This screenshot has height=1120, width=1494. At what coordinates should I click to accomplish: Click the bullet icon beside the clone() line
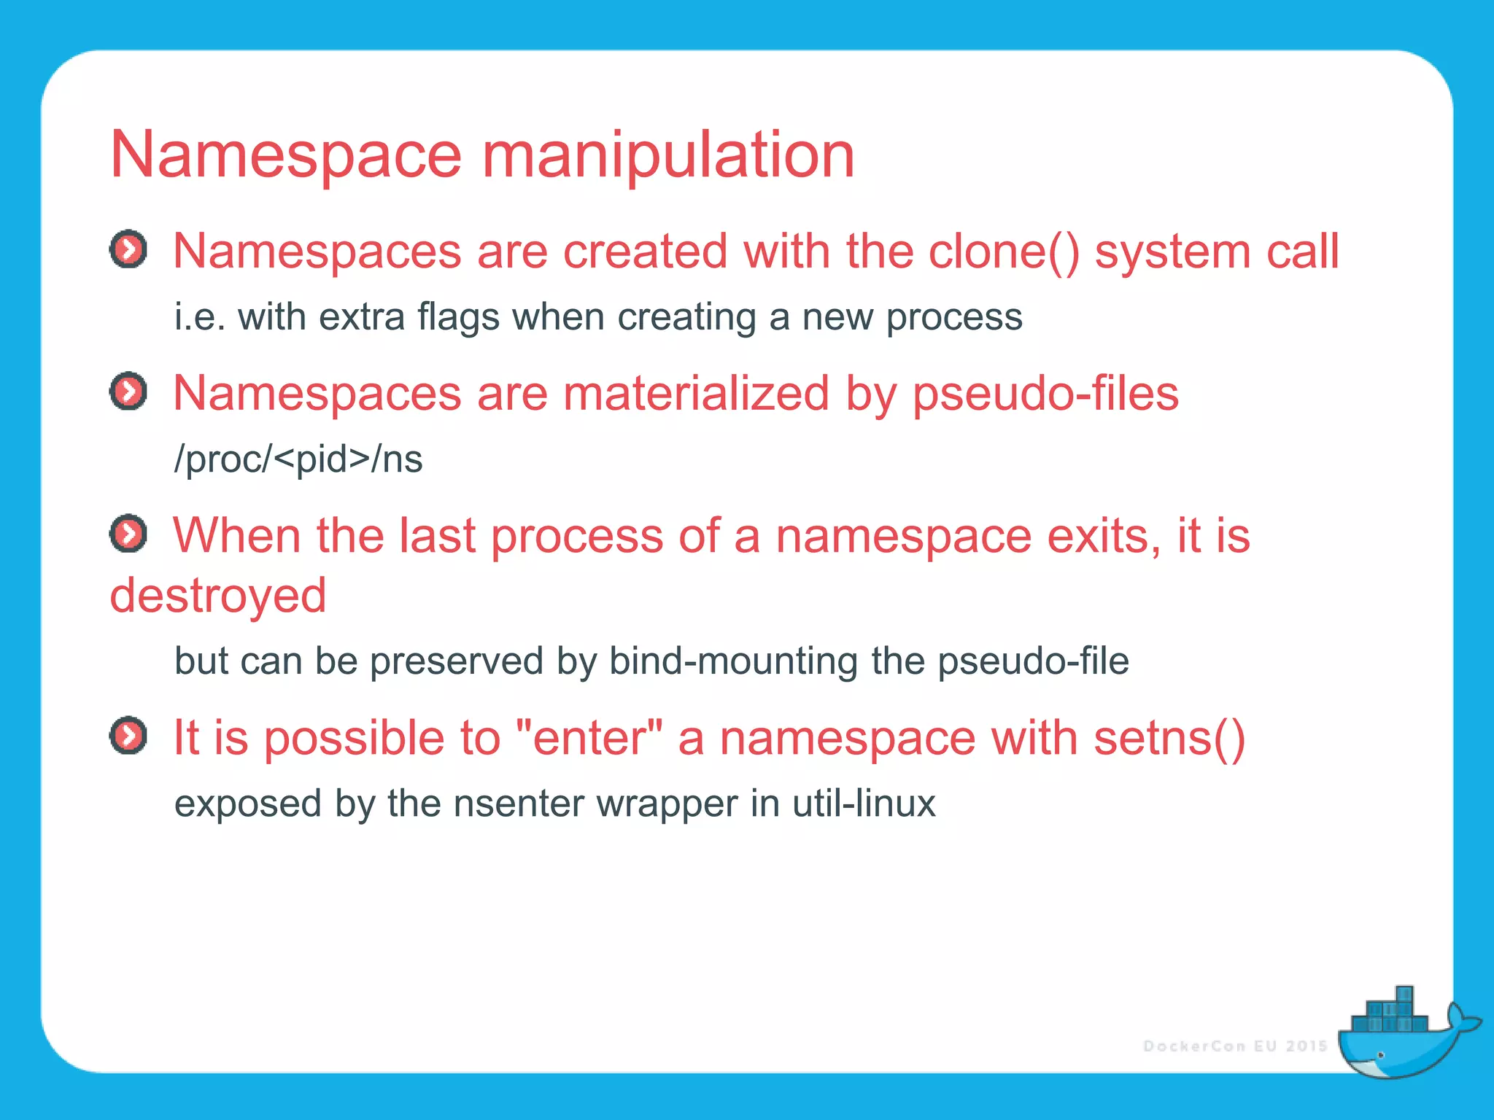pos(128,250)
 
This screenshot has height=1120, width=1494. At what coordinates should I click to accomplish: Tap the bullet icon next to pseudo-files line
pos(128,392)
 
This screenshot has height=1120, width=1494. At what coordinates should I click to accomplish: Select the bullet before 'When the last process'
pos(128,534)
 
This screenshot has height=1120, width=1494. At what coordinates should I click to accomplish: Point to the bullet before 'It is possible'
pos(128,736)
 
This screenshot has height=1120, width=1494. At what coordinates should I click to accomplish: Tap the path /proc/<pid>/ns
pos(298,459)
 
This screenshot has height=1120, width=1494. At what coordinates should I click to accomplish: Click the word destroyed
pos(217,595)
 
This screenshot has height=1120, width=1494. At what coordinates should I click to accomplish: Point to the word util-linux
pos(864,804)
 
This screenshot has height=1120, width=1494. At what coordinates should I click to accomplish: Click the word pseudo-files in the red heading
pos(1045,394)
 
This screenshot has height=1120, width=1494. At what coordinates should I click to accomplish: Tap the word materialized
pos(696,394)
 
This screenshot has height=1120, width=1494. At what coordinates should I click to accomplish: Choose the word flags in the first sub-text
pos(459,317)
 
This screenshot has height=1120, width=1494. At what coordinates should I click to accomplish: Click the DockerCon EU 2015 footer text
pos(1235,1046)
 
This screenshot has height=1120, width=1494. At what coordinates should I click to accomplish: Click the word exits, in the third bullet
pos(1104,536)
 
